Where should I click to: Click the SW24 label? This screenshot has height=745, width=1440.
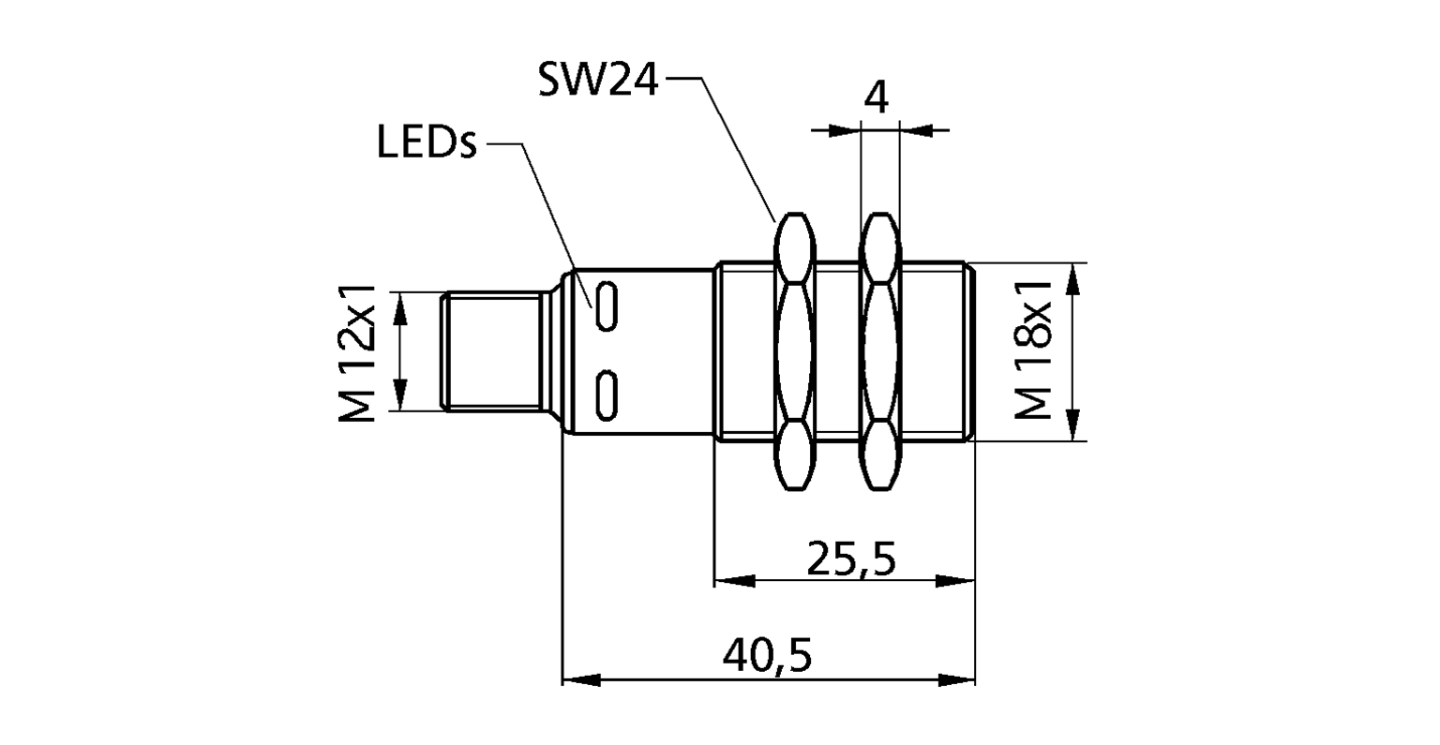[x=598, y=81]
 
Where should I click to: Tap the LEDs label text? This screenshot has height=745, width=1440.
[x=427, y=144]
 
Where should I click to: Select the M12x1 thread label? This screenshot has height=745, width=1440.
[x=357, y=352]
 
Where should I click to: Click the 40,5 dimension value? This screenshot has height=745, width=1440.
[x=766, y=655]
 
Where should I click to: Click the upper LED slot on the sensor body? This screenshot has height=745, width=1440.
[x=608, y=305]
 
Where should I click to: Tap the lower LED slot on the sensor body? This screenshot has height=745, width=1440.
[x=608, y=395]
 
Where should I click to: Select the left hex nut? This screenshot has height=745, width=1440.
[x=794, y=351]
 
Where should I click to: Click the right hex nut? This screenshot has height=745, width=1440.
[x=879, y=351]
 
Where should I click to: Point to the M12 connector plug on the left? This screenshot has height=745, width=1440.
[x=492, y=351]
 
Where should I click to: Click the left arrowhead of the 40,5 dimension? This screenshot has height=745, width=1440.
[x=579, y=678]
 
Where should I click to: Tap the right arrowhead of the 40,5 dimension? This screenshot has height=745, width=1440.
[x=957, y=678]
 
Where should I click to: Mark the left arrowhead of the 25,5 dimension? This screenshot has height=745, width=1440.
[x=733, y=581]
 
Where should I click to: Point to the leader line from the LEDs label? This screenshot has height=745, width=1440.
[x=553, y=220]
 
